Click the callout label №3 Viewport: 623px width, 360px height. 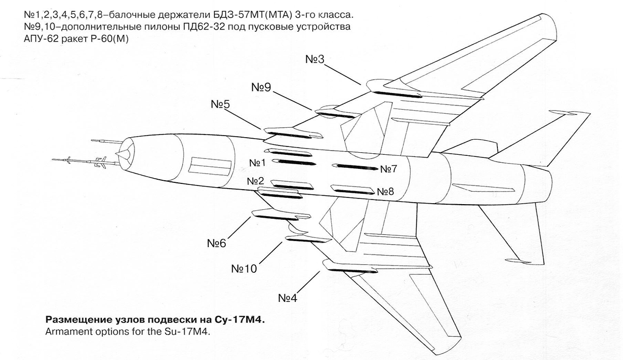pos(315,59)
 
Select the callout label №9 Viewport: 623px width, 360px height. pos(261,87)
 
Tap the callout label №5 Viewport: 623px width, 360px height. pos(220,104)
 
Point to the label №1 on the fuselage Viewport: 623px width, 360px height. pos(258,163)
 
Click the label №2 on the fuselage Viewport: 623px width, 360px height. pos(255,181)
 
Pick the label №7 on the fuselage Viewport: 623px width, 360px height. pos(389,169)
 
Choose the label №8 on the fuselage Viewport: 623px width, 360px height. pos(385,192)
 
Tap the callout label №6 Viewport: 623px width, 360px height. pos(216,244)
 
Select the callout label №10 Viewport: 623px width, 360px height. pos(244,269)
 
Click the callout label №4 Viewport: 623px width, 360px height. pos(288,298)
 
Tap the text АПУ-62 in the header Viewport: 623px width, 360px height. pos(41,39)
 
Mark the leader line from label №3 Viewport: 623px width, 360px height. pos(342,75)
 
